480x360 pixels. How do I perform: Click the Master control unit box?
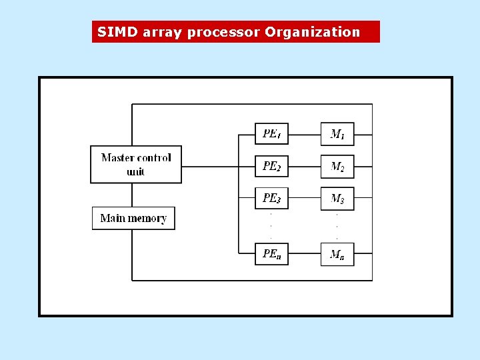point(136,165)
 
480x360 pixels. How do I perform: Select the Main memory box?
point(133,219)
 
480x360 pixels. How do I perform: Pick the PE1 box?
point(271,134)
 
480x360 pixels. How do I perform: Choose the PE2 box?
point(271,166)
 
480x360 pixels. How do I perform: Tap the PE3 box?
point(271,199)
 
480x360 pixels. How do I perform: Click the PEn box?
point(271,253)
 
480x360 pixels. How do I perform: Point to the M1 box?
point(337,134)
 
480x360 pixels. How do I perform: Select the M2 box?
point(337,166)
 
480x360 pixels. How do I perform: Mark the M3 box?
point(337,199)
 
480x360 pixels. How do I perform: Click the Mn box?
point(337,253)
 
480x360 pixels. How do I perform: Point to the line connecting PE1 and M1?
point(305,134)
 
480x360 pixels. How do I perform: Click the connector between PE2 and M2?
point(305,166)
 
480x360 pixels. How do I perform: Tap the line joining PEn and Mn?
point(305,253)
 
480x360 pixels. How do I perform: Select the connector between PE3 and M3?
point(305,199)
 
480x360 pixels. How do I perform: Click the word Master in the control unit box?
point(118,158)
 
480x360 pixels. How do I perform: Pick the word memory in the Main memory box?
point(147,219)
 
